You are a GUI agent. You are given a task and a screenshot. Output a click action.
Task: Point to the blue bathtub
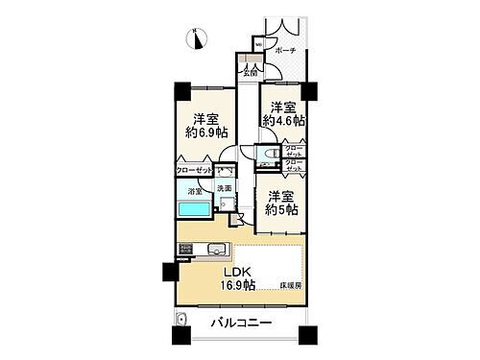click(194, 210)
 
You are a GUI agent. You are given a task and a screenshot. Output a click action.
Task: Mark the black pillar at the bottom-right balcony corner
click(307, 337)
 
